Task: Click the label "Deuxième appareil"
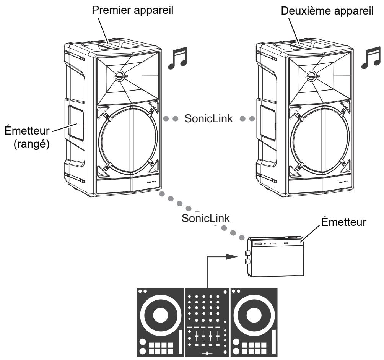[327, 11]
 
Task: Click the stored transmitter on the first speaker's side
[76, 123]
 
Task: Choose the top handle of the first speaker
[115, 45]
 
